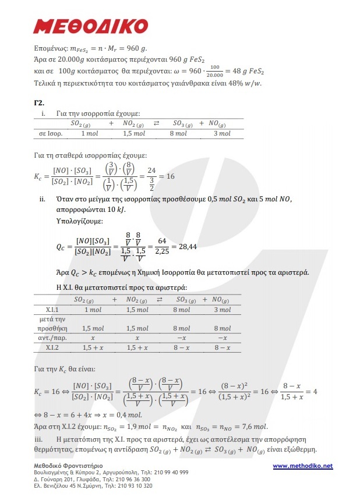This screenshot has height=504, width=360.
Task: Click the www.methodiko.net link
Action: (x=302, y=466)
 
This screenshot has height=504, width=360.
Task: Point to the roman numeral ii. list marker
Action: (x=42, y=199)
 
